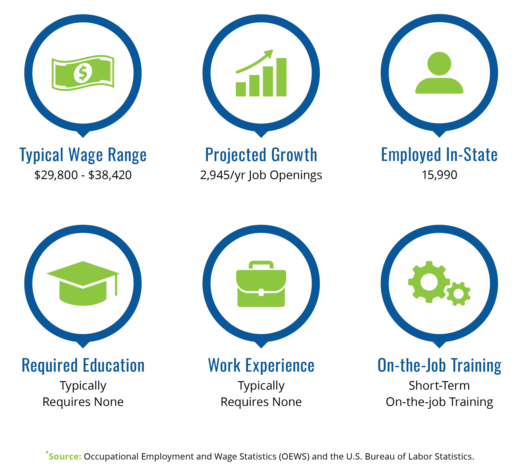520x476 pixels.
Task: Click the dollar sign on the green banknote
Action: coord(83,73)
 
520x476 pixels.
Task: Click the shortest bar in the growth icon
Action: coord(241,89)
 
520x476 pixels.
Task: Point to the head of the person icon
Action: coord(439,64)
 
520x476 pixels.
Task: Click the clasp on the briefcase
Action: coord(261,292)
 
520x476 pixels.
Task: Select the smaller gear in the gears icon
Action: coord(458,294)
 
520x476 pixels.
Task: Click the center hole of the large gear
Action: coord(429,282)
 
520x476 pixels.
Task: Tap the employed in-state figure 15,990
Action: coord(439,175)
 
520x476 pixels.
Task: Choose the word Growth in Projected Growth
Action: coord(294,155)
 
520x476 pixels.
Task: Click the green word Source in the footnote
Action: coord(65,456)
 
